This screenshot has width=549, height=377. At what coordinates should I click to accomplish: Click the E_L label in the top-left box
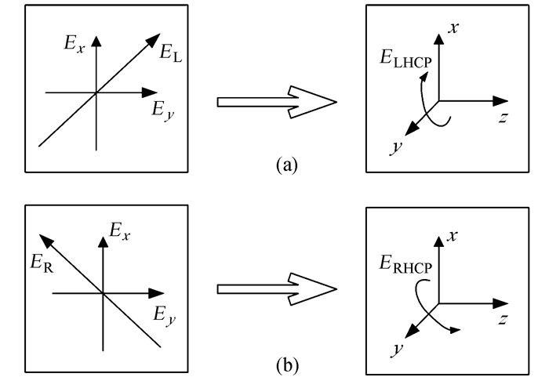coord(171,53)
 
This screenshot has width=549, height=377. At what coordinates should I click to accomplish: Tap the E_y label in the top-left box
coord(162,110)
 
